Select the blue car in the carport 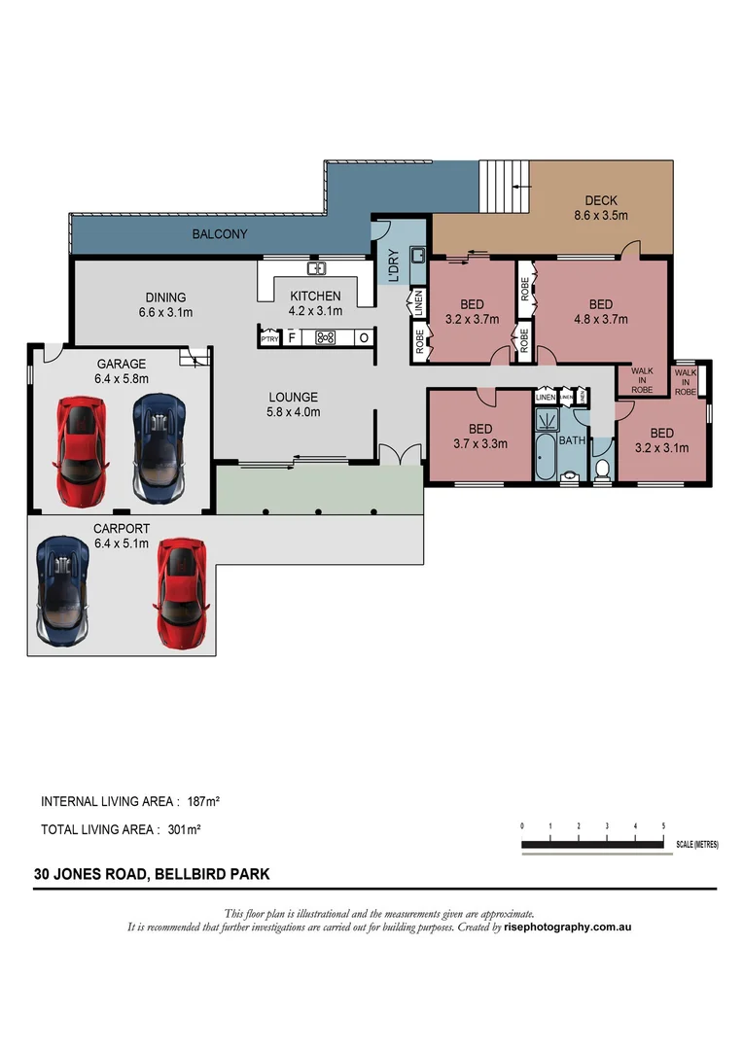click(x=62, y=592)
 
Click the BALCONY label click(x=219, y=234)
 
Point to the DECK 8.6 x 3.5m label click(x=600, y=209)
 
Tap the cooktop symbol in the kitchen click(x=326, y=338)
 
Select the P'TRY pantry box click(x=269, y=338)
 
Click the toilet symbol click(x=602, y=470)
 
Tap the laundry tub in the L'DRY click(x=418, y=256)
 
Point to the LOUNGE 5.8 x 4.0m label click(x=294, y=404)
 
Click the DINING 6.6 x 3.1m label click(x=166, y=305)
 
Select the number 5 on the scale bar click(x=663, y=825)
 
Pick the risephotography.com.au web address click(x=568, y=927)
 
